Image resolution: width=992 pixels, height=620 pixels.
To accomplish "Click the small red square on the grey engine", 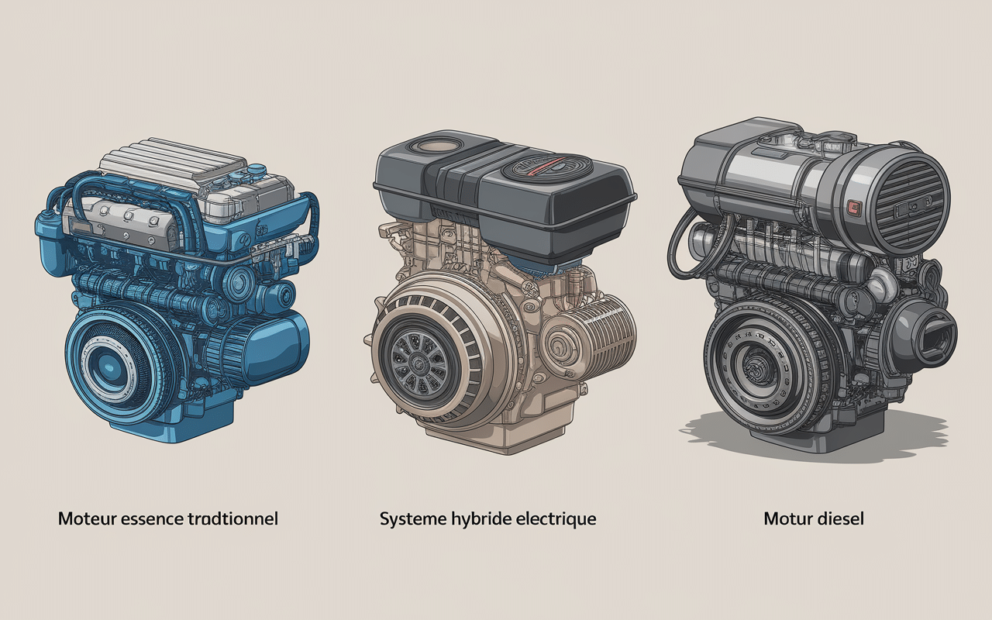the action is (x=853, y=206).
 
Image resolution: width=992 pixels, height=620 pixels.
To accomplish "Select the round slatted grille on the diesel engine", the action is (x=908, y=205).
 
